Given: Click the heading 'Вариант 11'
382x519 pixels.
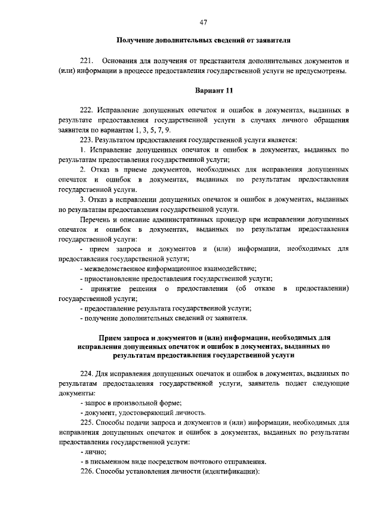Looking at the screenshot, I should [x=214, y=90].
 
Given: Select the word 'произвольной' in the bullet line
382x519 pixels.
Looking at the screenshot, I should [x=128, y=403].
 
